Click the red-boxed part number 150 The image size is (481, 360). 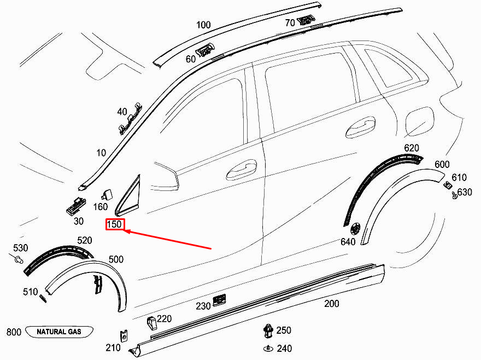[x=115, y=224]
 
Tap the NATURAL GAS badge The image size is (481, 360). [x=60, y=332]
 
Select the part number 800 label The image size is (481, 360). [x=14, y=332]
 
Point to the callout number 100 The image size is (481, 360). [x=203, y=25]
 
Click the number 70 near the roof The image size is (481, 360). [x=290, y=23]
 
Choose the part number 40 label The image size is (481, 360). [x=122, y=112]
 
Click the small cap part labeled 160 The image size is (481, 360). [x=107, y=193]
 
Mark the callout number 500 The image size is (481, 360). [x=116, y=259]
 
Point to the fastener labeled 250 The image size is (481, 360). [x=267, y=330]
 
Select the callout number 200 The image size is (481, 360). [x=331, y=304]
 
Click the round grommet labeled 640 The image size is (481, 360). [x=356, y=227]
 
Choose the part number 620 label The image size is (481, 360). [x=411, y=148]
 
